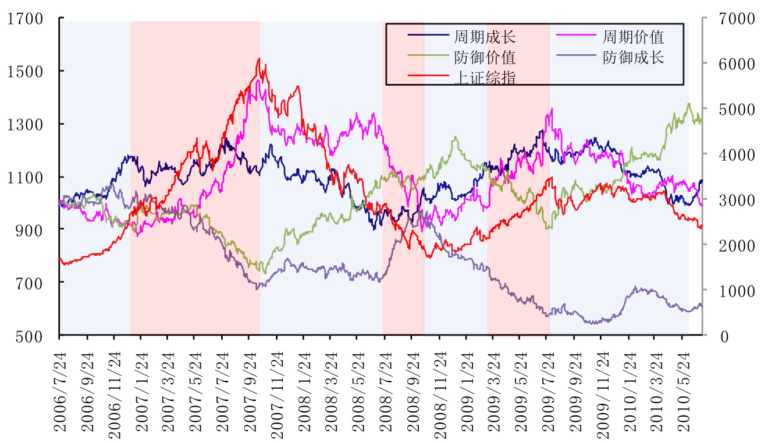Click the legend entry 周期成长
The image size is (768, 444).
pyautogui.click(x=484, y=38)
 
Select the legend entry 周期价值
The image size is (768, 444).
pyautogui.click(x=634, y=38)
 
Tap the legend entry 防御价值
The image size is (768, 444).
pyautogui.click(x=484, y=58)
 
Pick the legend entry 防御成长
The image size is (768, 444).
pyautogui.click(x=634, y=58)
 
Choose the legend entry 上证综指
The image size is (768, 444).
pyautogui.click(x=484, y=77)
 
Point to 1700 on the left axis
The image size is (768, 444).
pyautogui.click(x=26, y=19)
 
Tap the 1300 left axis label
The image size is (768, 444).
pyautogui.click(x=26, y=124)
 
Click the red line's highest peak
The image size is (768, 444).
pyautogui.click(x=259, y=58)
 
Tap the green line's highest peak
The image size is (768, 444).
pyautogui.click(x=689, y=104)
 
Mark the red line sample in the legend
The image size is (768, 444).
pyautogui.click(x=429, y=75)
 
